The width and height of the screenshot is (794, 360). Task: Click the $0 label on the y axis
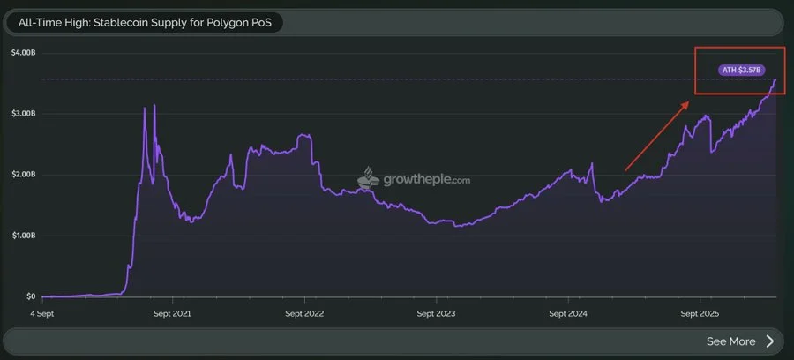pos(29,296)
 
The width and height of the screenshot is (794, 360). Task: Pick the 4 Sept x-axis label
pos(44,312)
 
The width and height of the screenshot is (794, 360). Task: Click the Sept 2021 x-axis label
pos(173,312)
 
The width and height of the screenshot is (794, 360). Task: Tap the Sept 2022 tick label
pos(303,312)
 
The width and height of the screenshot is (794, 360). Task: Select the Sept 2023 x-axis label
pos(437,312)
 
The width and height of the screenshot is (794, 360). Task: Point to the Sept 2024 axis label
pos(568,312)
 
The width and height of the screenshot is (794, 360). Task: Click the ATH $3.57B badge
pos(742,69)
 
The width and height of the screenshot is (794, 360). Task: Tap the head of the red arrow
pos(688,102)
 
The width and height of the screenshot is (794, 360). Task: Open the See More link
pos(730,341)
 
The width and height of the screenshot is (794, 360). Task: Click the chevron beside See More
pos(769,341)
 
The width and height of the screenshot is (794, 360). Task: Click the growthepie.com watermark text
pos(426,180)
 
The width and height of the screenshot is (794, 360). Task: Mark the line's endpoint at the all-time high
pos(775,79)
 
